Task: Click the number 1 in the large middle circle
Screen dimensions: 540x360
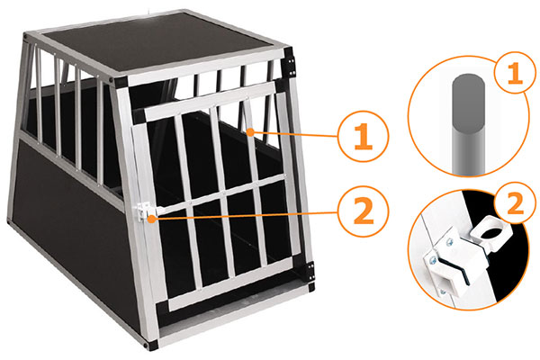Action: pos(363,137)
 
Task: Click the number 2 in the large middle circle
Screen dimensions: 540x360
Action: pos(364,211)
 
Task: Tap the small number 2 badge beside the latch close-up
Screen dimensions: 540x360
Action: pos(515,202)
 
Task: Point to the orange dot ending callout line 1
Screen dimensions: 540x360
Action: pos(251,132)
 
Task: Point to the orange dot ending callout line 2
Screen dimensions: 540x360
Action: pos(151,218)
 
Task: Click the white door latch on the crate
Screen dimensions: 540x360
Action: pos(143,211)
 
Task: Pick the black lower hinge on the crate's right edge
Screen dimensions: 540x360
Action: pos(310,271)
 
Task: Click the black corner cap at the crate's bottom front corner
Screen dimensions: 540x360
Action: pos(150,345)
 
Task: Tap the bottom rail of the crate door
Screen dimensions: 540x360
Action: pos(231,283)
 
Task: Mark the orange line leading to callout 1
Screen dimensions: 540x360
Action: pos(294,134)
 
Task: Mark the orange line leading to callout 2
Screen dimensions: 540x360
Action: pos(244,215)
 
